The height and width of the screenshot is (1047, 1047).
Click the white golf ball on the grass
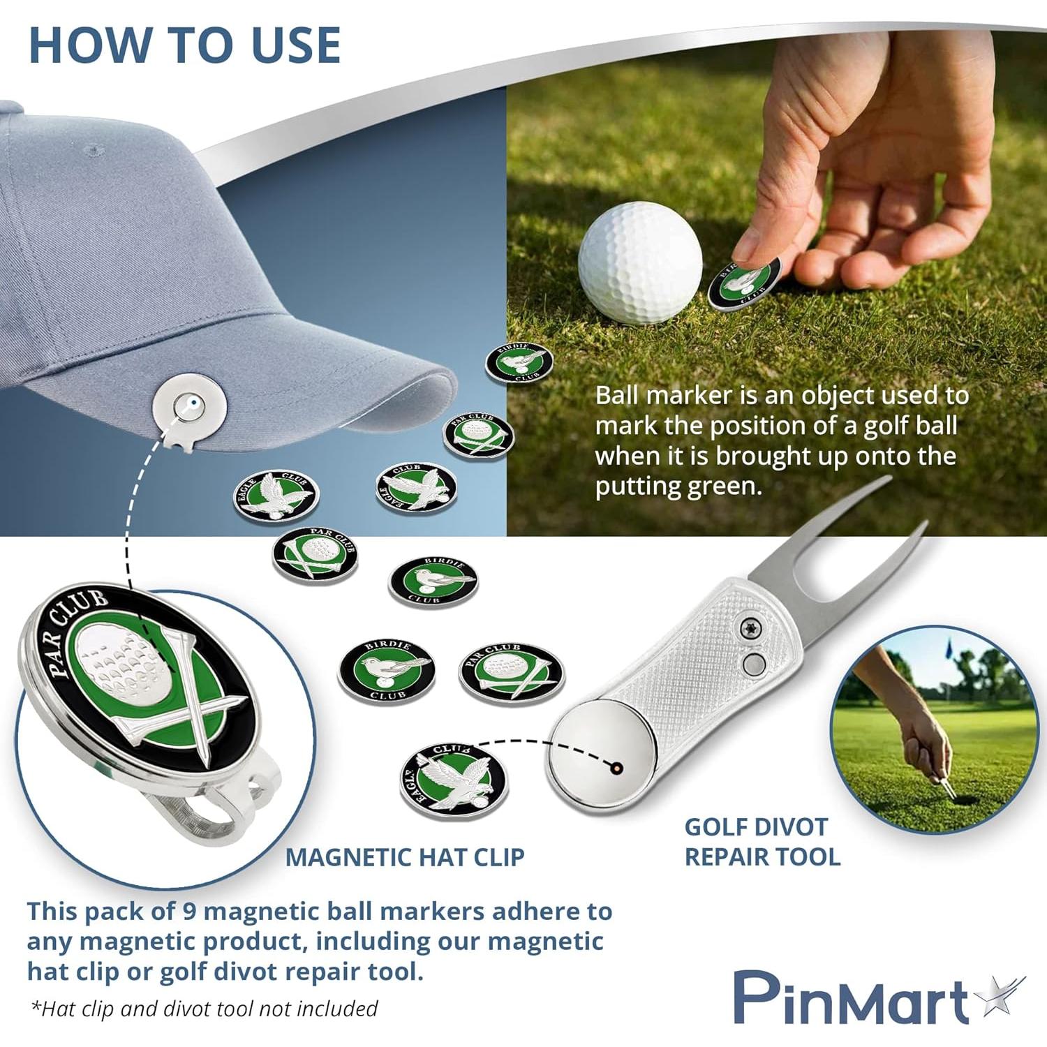pyautogui.click(x=639, y=262)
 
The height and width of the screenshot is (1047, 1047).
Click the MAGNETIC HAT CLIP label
pyautogui.click(x=405, y=857)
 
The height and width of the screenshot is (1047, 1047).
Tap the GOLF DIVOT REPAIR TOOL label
pyautogui.click(x=762, y=842)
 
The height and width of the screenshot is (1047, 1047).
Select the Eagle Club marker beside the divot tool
pyautogui.click(x=454, y=780)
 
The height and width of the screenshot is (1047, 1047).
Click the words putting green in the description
pyautogui.click(x=676, y=487)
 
